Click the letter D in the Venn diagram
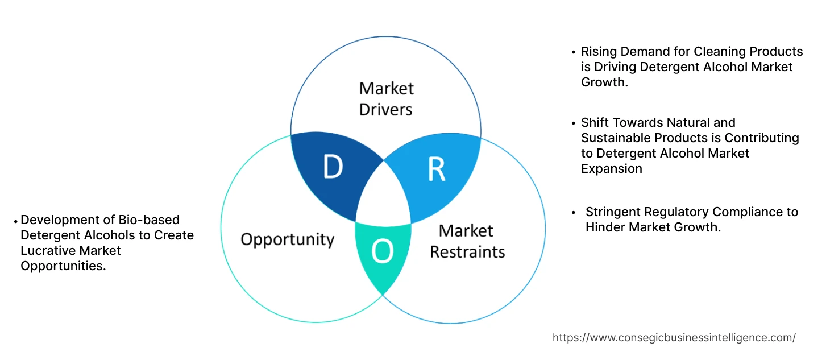[333, 167]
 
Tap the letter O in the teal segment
[382, 252]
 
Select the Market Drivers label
[386, 98]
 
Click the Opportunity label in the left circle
[287, 239]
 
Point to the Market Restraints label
[467, 241]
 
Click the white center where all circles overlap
[384, 196]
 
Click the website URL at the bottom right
[674, 337]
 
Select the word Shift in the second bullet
[595, 123]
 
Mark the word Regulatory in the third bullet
[679, 212]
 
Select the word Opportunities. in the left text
[63, 266]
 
